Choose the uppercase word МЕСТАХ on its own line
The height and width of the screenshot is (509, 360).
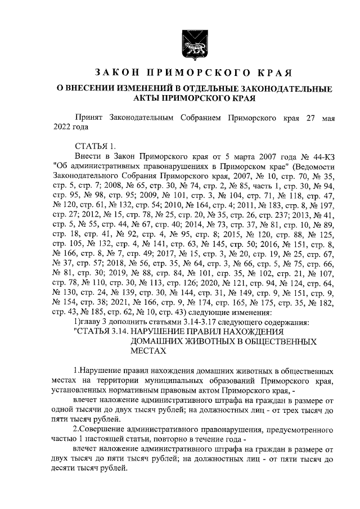(148, 350)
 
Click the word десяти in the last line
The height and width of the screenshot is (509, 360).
(68, 468)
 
